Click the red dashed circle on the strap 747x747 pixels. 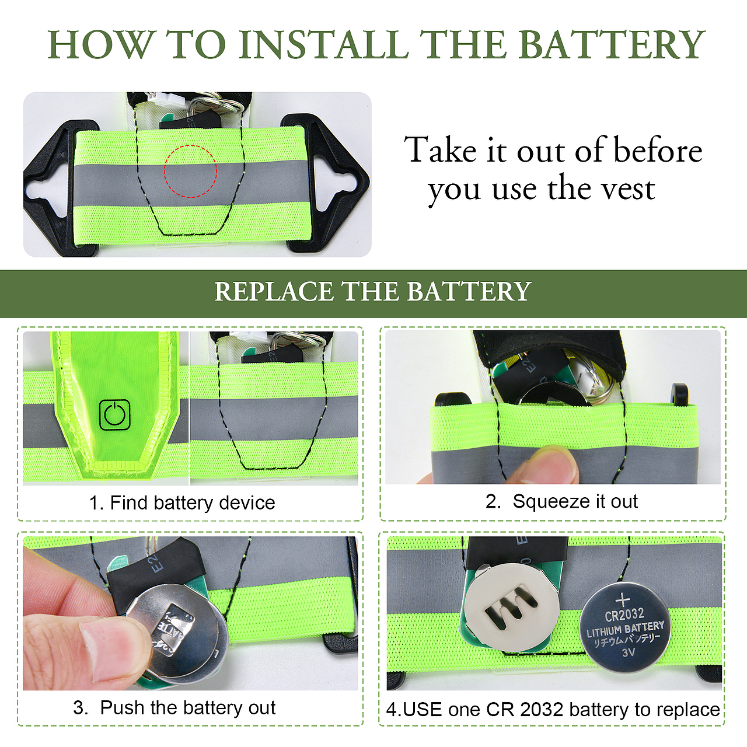point(190,171)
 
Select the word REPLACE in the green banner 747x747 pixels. point(273,291)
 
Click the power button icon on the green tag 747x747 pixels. point(115,415)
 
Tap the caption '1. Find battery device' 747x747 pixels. point(182,503)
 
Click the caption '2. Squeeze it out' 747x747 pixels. point(561,501)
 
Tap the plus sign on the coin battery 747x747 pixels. point(623,600)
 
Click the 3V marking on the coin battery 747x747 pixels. point(629,653)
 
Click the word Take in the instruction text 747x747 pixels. point(440,149)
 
